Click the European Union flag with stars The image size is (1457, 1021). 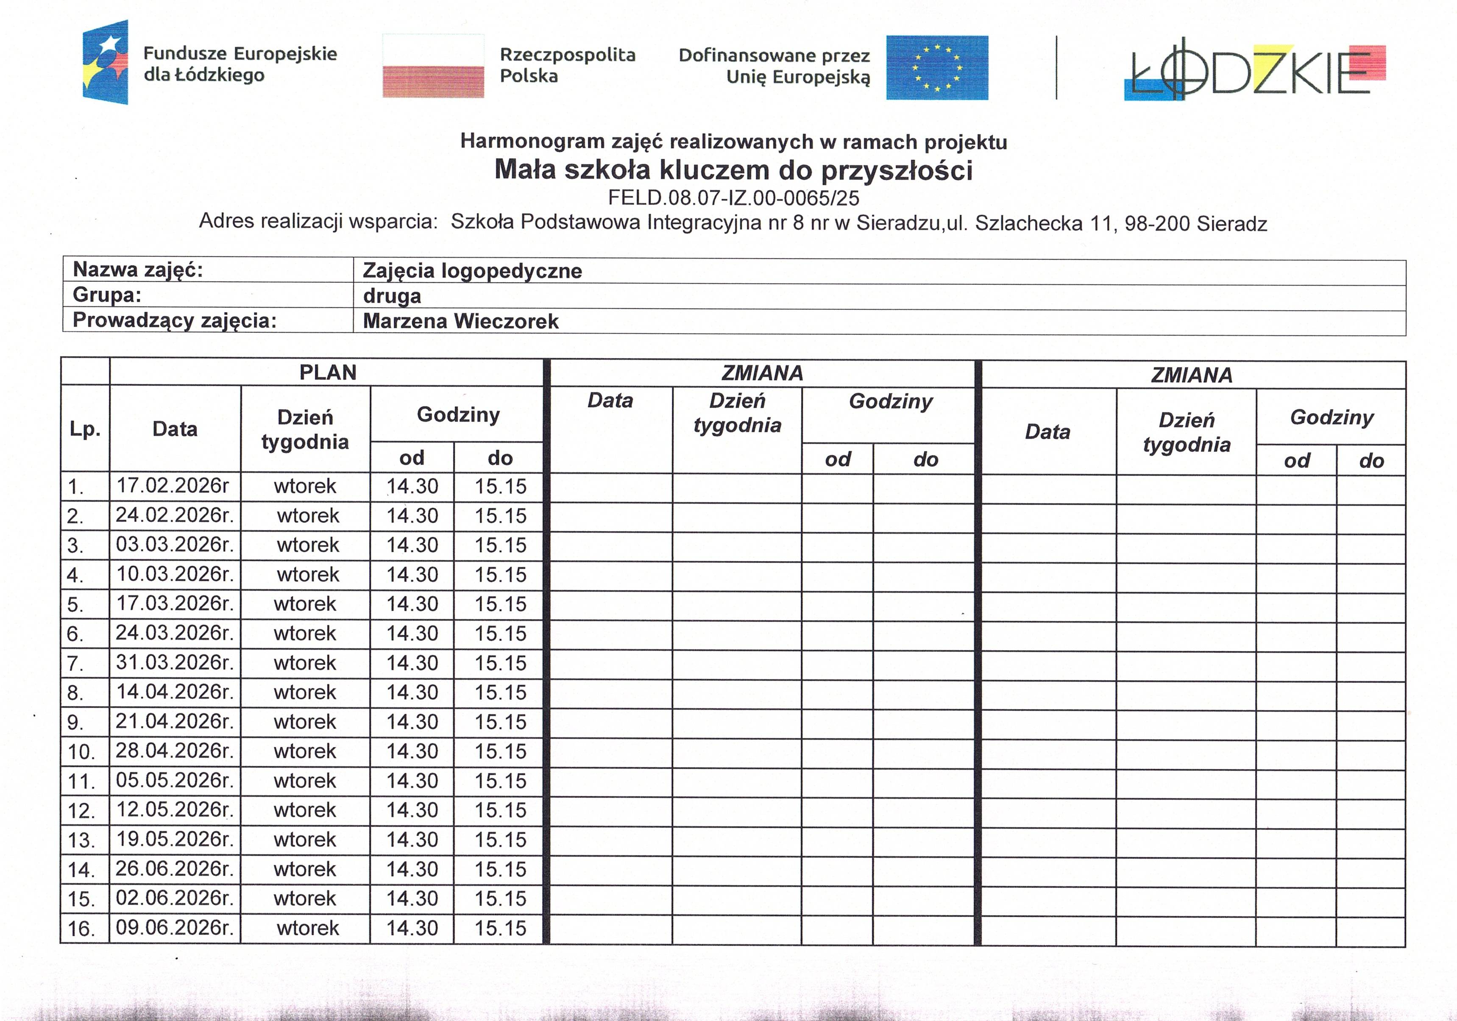[x=937, y=67]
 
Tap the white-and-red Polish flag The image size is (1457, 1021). [x=433, y=66]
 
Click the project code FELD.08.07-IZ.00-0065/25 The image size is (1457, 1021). [x=733, y=198]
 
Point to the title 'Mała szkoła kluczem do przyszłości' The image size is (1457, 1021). [x=733, y=170]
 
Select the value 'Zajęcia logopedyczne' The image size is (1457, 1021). [x=472, y=271]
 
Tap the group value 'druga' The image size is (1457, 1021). [x=392, y=296]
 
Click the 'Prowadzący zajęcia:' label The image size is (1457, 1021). [x=175, y=320]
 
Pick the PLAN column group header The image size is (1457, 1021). [x=327, y=373]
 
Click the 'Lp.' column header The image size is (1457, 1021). [x=85, y=429]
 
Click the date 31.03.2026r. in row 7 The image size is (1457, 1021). [x=175, y=662]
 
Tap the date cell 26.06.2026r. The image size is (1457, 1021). [x=175, y=869]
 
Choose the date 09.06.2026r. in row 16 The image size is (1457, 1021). [x=175, y=928]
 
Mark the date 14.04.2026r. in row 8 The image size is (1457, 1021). [x=175, y=692]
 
